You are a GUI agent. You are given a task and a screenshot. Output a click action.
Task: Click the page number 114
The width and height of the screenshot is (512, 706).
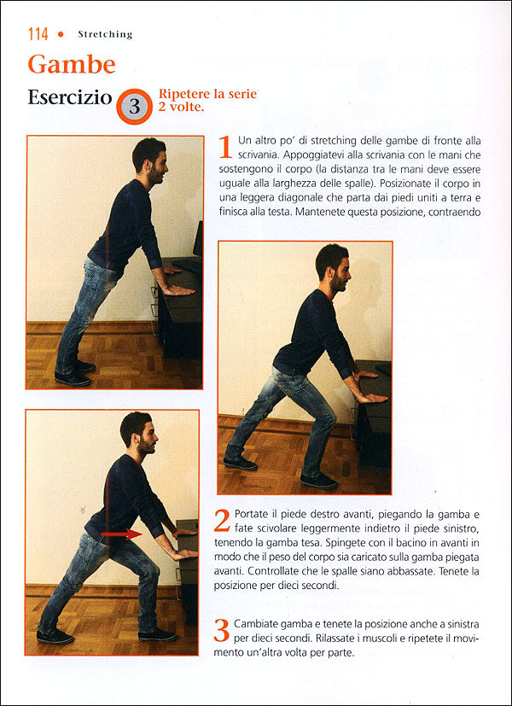pos(38,34)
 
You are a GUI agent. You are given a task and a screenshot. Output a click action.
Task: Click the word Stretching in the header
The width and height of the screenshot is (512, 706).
pos(105,35)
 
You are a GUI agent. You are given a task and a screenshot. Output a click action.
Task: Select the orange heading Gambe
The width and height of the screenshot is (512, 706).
pos(71,64)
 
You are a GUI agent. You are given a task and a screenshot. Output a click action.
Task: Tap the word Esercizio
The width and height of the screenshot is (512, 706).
pos(69,97)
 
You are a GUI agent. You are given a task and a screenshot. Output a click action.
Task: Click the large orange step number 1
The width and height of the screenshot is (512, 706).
pos(225,147)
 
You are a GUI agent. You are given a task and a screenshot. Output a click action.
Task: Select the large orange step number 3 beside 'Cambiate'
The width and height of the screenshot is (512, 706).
pos(222,630)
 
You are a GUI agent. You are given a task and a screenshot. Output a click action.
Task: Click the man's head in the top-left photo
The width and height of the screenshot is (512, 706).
pos(148,158)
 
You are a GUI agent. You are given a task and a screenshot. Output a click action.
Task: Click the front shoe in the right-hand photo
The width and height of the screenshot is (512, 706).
pos(318,481)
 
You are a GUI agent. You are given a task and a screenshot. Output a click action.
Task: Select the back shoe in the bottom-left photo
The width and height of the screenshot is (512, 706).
pos(55,636)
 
